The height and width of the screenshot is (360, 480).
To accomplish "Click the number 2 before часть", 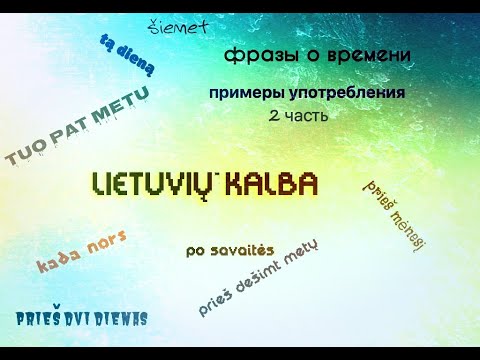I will [274, 116].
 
